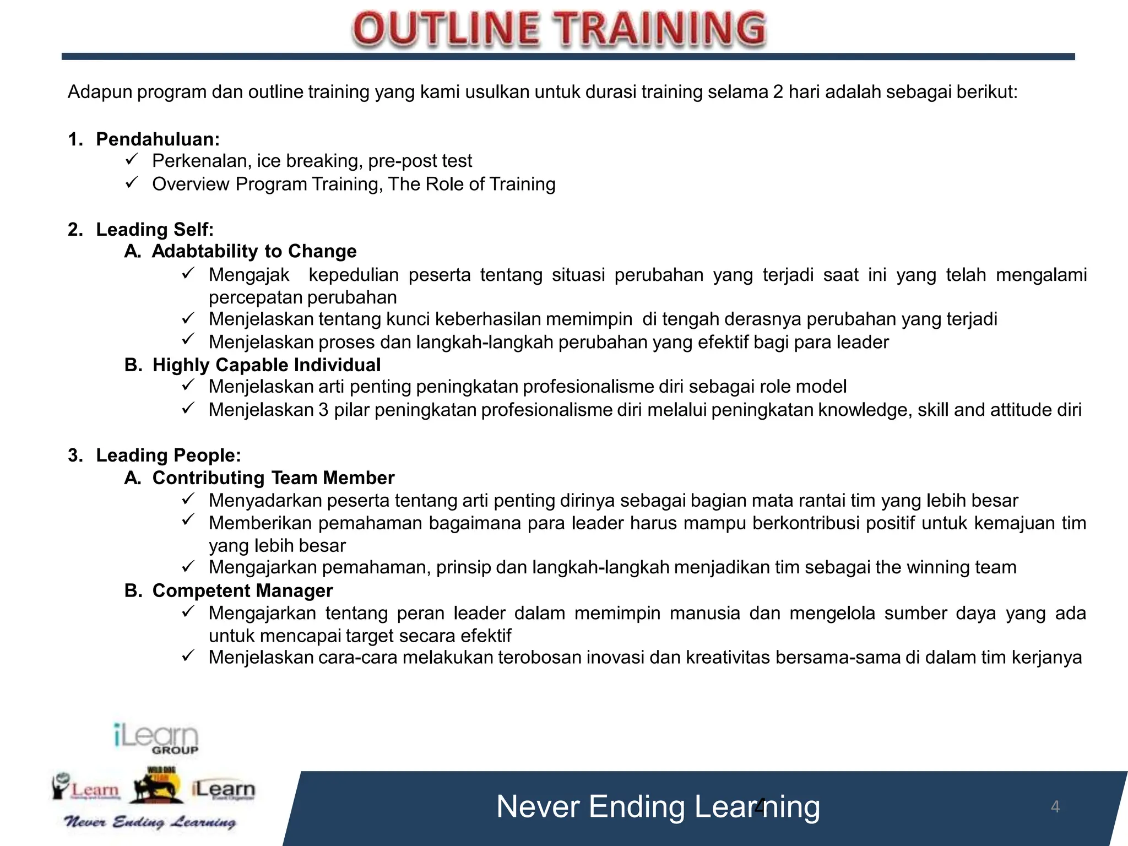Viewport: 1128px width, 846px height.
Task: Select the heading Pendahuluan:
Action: [x=158, y=139]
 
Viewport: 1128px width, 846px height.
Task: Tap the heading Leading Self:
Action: [x=155, y=230]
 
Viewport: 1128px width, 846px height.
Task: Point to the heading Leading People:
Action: [x=169, y=455]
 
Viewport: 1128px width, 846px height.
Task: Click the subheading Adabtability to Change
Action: [x=254, y=252]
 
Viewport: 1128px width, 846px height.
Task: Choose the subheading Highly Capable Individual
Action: [x=267, y=365]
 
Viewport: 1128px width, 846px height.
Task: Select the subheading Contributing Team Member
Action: [x=273, y=478]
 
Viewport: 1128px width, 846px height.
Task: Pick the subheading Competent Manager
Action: [x=242, y=591]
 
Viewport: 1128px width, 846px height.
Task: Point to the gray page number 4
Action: [x=1055, y=807]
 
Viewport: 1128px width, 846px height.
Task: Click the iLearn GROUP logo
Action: [x=156, y=739]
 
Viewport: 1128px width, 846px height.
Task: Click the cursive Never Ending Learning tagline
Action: [x=150, y=822]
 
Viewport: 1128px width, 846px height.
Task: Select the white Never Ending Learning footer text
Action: [x=658, y=807]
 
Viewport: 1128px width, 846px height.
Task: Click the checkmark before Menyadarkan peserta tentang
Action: [x=188, y=499]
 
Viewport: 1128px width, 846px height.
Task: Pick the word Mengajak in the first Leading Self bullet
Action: [x=249, y=275]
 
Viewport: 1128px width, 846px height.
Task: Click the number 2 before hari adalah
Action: [x=778, y=92]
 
